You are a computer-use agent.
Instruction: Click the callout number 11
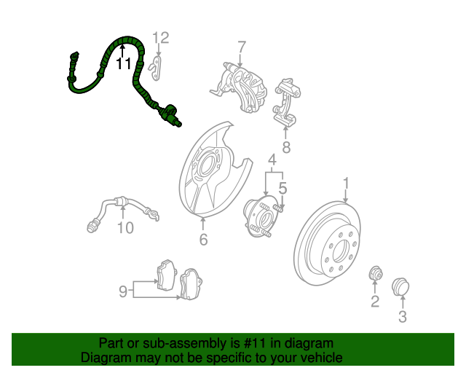click(124, 63)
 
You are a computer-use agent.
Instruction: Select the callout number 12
click(160, 38)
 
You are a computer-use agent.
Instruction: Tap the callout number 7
click(242, 47)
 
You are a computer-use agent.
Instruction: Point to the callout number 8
click(285, 148)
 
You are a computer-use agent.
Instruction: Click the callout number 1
click(347, 183)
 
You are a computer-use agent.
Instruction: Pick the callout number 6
click(203, 239)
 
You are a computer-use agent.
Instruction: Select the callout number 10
click(125, 228)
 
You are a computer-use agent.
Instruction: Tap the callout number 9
click(123, 291)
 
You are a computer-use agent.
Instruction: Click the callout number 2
click(375, 302)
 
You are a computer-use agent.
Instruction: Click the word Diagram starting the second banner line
click(103, 358)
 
